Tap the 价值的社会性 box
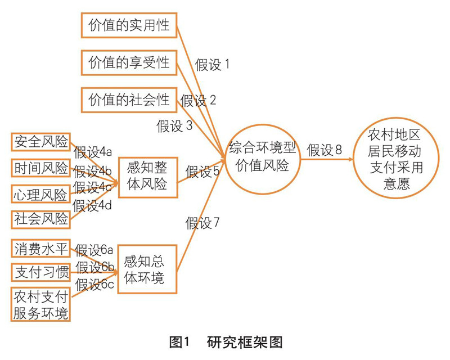[129, 100]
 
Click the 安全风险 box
[41, 142]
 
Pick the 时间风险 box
[41, 168]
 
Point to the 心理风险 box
[41, 194]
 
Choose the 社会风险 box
[41, 218]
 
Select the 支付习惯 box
[41, 273]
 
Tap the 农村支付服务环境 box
[41, 304]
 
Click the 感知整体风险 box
[147, 175]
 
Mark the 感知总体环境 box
[147, 269]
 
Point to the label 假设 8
[325, 150]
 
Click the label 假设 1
[213, 65]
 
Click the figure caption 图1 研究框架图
[225, 341]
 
